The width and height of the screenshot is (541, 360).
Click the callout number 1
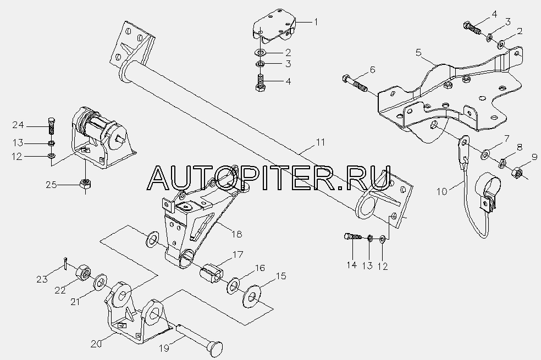pyautogui.click(x=316, y=22)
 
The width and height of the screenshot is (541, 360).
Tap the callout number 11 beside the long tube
pyautogui.click(x=321, y=142)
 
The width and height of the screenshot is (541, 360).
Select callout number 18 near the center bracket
pyautogui.click(x=236, y=234)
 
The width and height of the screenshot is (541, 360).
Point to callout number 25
pyautogui.click(x=52, y=185)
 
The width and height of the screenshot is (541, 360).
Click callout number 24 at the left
pyautogui.click(x=18, y=125)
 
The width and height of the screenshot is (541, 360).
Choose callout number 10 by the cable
pyautogui.click(x=442, y=191)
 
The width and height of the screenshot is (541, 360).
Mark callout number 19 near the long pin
pyautogui.click(x=164, y=348)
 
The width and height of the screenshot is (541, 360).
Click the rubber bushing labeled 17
pyautogui.click(x=212, y=273)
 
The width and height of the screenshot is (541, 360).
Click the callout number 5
pyautogui.click(x=418, y=52)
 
